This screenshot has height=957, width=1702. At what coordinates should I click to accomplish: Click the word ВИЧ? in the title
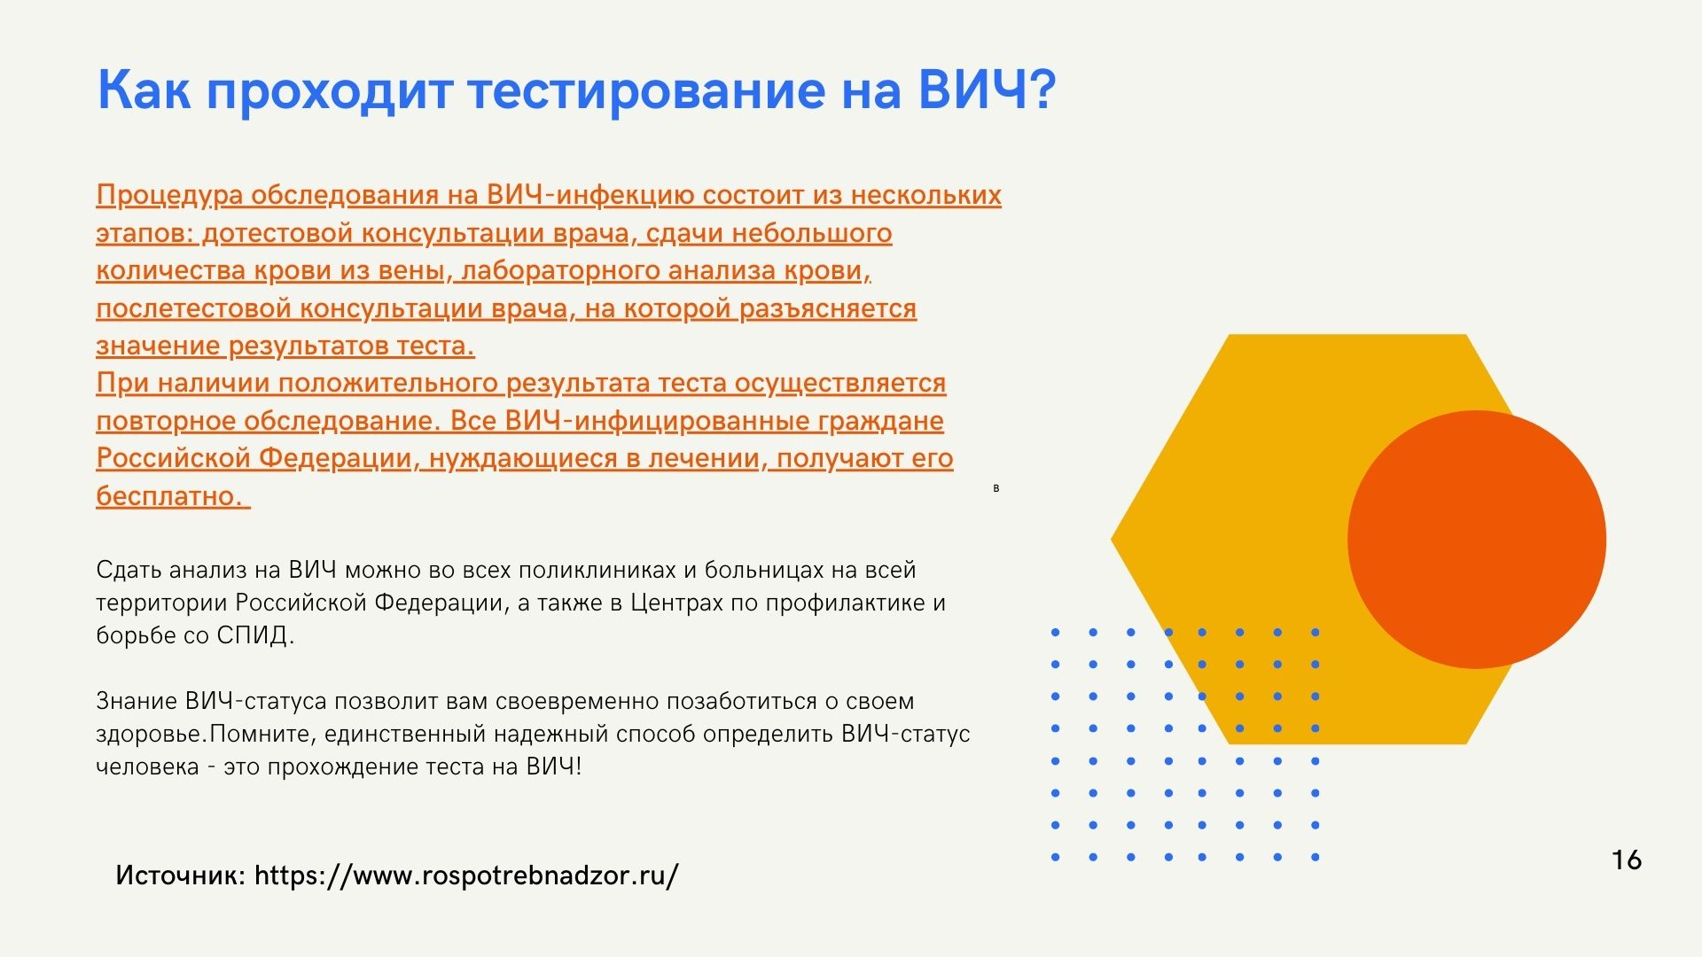986,89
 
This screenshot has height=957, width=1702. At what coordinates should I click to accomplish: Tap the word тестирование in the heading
646,91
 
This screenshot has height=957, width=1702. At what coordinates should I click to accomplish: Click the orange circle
1476,539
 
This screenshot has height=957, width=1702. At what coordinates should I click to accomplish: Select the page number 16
1627,860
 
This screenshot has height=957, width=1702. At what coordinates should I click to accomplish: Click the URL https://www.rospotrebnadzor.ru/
466,875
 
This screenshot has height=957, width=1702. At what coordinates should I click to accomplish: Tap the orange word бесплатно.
168,495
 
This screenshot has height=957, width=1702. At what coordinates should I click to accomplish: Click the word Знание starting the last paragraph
137,701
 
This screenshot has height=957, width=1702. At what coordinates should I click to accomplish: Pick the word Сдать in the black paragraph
129,570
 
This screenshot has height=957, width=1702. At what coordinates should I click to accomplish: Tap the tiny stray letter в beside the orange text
996,488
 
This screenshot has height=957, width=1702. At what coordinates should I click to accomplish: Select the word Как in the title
143,89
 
